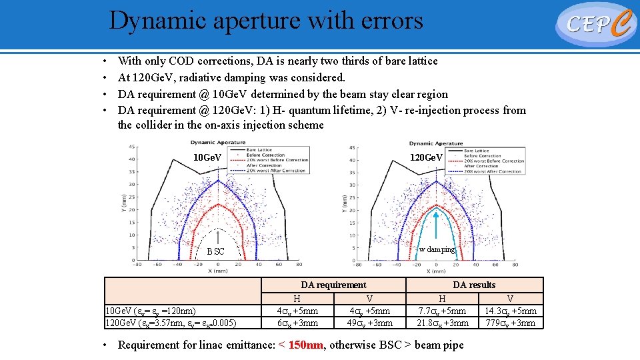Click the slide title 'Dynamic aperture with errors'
pos(266,21)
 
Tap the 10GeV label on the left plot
pos(207,158)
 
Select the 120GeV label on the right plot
pos(426,158)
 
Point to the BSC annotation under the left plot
pos(215,251)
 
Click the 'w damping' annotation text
pos(437,249)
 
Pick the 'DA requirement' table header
pos(333,285)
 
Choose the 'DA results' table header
pos(474,285)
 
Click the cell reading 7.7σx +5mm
pos(442,311)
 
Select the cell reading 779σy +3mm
pos(510,323)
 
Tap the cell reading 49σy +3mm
pos(369,323)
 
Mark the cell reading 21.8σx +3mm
pos(442,323)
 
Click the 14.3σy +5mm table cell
pos(510,311)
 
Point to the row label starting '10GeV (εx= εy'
pos(147,311)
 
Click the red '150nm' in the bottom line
pos(306,345)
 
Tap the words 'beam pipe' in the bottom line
pos(439,345)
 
